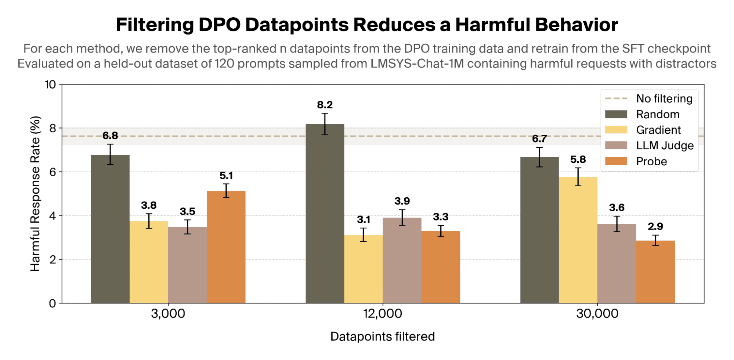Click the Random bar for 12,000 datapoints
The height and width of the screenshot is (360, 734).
coord(325,213)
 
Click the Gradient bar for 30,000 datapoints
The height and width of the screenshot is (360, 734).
coord(578,240)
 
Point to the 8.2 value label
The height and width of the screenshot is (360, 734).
coord(325,105)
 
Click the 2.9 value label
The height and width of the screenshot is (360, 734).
coord(655,226)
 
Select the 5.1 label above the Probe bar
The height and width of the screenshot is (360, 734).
coord(226,176)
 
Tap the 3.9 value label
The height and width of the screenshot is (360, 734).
coord(402,201)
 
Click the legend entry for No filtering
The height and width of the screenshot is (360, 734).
coord(649,98)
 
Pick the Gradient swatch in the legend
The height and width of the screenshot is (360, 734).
coord(616,130)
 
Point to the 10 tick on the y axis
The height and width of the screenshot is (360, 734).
coord(50,84)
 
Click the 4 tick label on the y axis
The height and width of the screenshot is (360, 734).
coord(53,216)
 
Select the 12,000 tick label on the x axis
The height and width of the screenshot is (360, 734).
coord(383,314)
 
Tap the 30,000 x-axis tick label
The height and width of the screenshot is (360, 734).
coord(597,314)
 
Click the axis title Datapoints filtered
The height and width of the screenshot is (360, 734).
coord(383,336)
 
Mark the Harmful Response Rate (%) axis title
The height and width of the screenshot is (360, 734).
coord(35,194)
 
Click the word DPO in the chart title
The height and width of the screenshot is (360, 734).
coord(219,25)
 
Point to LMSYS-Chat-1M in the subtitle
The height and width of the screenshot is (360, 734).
coord(417,64)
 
